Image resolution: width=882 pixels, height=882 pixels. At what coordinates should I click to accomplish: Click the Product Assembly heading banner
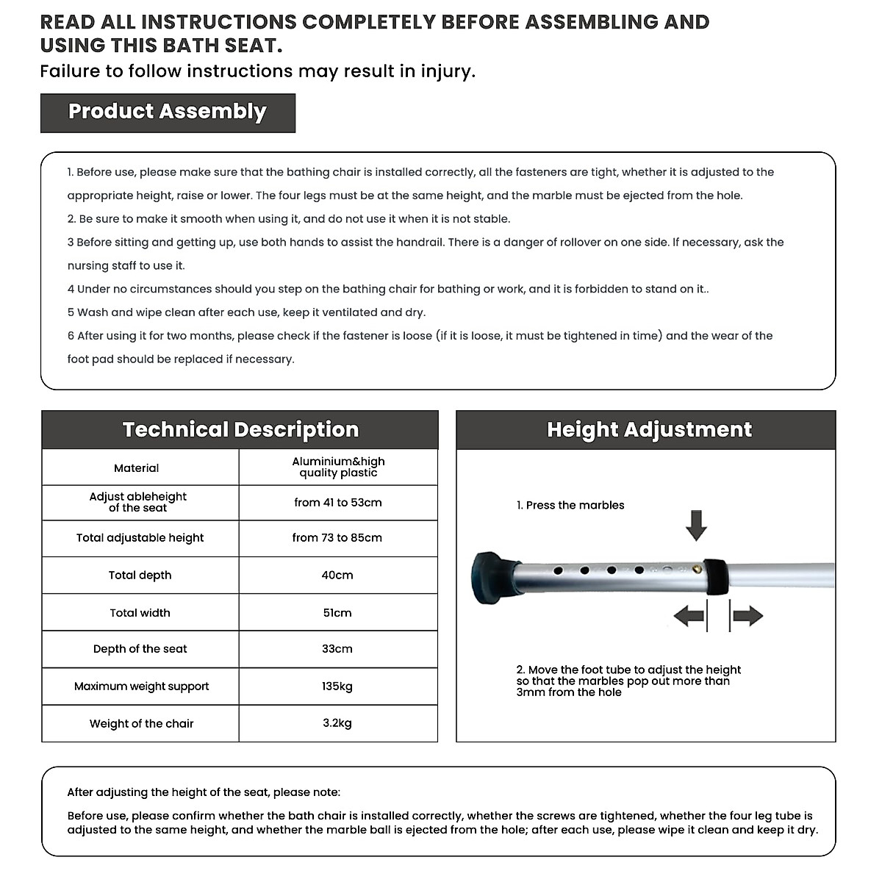tap(168, 112)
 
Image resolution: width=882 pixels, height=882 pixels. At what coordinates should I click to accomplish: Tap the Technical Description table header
tap(240, 430)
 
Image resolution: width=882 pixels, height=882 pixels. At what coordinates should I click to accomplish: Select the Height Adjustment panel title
tap(649, 430)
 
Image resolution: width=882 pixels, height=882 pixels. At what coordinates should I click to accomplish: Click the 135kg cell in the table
tap(337, 686)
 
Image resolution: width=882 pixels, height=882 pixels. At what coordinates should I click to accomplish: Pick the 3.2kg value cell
tap(337, 723)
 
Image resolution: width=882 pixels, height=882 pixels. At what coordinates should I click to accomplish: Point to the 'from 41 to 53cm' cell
tap(337, 503)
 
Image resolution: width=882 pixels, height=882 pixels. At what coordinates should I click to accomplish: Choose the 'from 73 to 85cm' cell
tap(337, 538)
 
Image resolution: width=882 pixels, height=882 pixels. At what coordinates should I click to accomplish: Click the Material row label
tap(137, 468)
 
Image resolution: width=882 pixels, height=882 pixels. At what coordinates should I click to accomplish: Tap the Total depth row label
tap(140, 576)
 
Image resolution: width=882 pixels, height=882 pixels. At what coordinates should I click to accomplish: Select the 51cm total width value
tap(337, 613)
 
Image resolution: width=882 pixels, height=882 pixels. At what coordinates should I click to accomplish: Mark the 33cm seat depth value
tap(337, 649)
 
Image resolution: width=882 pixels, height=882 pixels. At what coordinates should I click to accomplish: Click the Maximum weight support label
tap(141, 686)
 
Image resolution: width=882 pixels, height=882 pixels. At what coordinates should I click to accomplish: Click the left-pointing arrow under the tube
tap(689, 616)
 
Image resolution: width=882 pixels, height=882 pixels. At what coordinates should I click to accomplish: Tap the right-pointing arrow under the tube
tap(747, 616)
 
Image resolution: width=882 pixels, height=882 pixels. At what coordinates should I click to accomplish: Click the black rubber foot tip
tap(492, 573)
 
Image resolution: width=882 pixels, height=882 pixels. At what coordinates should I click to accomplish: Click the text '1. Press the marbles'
tap(570, 506)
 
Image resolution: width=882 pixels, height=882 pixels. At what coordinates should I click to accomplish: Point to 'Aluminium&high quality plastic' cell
tap(338, 467)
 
